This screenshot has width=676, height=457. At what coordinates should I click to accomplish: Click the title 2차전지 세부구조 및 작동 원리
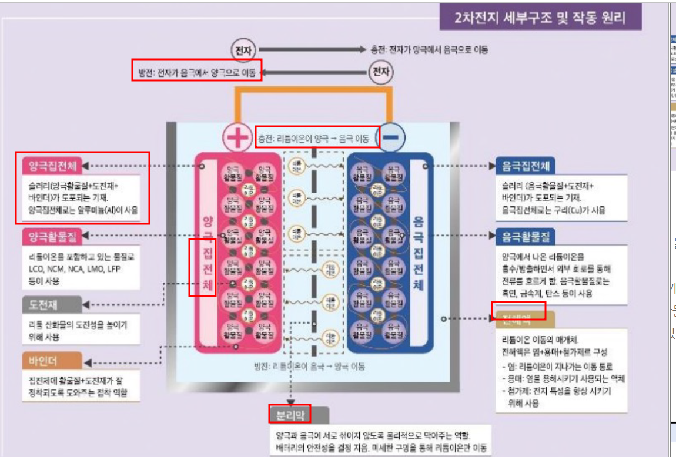click(x=540, y=18)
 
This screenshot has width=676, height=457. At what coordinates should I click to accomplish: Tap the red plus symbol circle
click(x=237, y=139)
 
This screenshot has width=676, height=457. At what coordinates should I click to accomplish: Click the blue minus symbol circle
click(x=393, y=138)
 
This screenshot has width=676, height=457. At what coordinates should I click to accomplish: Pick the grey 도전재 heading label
click(x=43, y=305)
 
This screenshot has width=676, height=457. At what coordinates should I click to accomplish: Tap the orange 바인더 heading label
click(x=43, y=359)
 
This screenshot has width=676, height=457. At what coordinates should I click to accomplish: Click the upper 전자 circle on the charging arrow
click(x=243, y=49)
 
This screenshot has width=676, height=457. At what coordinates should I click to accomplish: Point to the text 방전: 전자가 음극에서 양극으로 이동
click(x=196, y=73)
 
